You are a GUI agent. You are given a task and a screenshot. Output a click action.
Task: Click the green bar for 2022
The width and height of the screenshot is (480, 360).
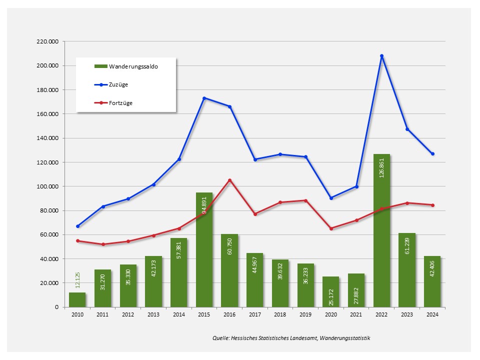coord(381,230)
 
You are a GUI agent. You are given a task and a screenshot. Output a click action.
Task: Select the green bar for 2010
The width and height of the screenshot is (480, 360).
coord(77,299)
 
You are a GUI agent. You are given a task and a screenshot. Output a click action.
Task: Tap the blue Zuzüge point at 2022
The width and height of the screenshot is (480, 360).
coord(381,56)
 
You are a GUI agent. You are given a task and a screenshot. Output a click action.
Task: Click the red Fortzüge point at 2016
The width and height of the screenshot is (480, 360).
coord(229,180)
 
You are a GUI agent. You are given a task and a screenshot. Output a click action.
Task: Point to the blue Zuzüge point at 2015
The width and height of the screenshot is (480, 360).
coord(204,98)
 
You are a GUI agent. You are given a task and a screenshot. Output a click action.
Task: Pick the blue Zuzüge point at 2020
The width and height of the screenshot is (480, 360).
coord(331,198)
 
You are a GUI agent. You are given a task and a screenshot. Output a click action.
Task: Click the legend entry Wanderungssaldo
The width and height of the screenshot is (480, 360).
coord(133,66)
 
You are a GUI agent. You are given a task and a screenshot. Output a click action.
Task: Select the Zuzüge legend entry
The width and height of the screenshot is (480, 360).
coord(118,84)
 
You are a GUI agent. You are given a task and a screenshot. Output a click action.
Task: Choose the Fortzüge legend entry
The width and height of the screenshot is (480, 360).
coord(120,103)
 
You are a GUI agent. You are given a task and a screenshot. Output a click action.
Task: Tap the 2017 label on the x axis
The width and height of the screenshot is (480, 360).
coord(254,315)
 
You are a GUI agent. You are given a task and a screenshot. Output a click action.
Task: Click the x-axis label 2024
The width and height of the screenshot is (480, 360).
coord(432,315)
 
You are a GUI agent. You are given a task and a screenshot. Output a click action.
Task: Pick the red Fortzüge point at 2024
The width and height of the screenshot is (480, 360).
coord(432,205)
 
